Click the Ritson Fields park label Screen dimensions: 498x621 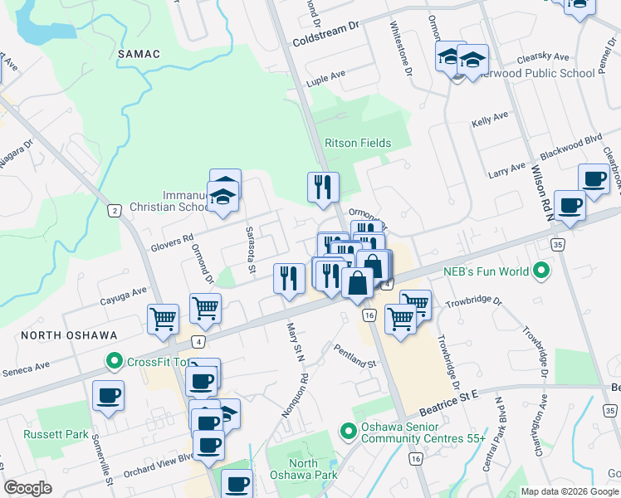click(357, 143)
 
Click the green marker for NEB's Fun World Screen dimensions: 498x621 click(541, 271)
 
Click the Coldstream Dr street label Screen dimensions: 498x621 click(323, 38)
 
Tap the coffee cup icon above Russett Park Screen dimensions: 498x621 click(107, 395)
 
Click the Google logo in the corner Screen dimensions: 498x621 click(27, 488)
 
